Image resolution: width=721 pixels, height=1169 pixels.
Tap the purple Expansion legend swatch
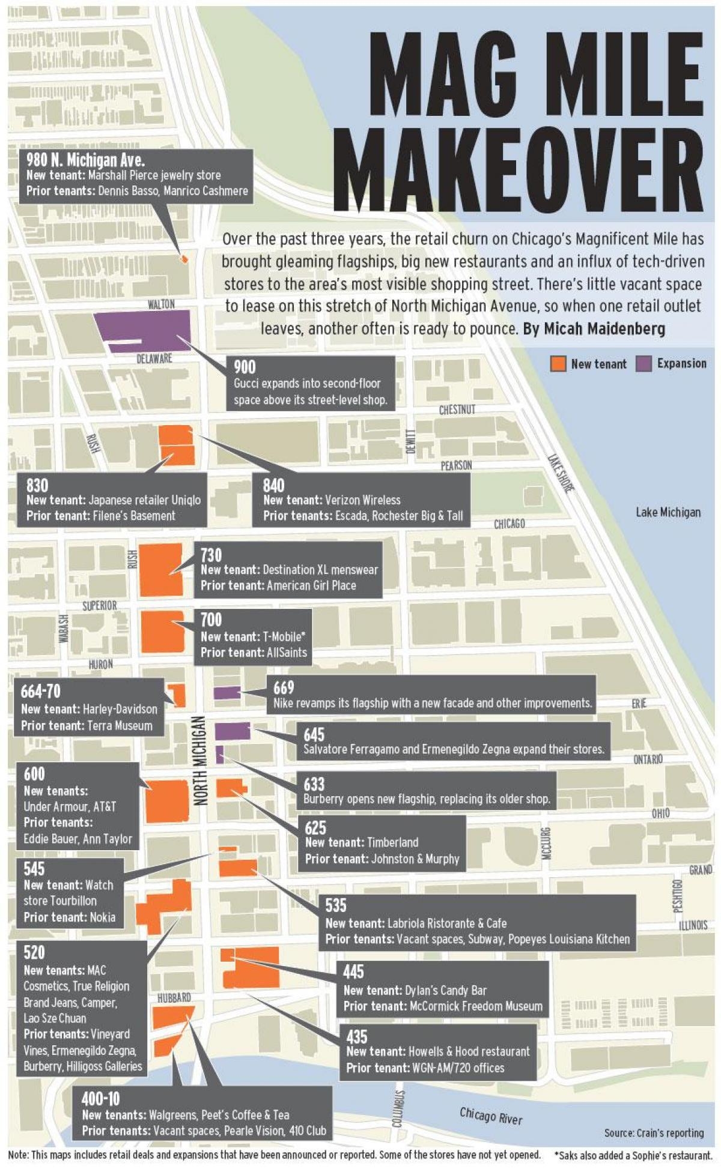[643, 364]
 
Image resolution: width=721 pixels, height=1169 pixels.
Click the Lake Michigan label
[668, 512]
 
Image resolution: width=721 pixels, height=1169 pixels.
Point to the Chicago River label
[491, 1115]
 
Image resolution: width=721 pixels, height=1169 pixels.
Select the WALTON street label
[161, 304]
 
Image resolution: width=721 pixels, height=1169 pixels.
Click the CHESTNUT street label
[457, 409]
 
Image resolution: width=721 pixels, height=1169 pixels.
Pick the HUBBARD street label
[174, 997]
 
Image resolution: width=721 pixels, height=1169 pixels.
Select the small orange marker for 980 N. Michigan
[184, 259]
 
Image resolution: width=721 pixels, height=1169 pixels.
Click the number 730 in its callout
[211, 554]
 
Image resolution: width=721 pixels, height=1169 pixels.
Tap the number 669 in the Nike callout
[284, 687]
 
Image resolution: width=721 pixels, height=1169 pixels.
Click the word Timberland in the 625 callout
[393, 842]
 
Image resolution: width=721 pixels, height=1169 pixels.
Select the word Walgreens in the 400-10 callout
[171, 1115]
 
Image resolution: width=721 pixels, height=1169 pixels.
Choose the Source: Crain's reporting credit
[654, 1133]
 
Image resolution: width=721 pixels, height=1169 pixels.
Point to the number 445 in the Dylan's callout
[353, 971]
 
